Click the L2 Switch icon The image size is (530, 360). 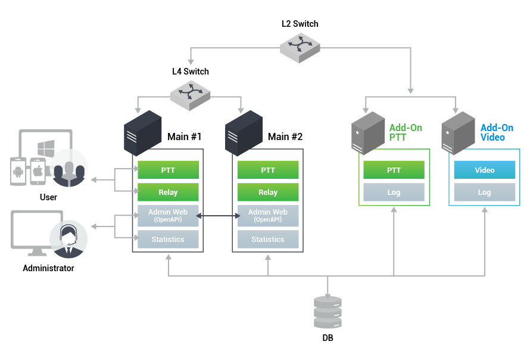[301, 46]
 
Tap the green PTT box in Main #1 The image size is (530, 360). [167, 170]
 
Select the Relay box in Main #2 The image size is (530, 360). [268, 192]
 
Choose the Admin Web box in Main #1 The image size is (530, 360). [167, 215]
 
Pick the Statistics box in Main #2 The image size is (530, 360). [268, 239]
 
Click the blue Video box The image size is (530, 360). [485, 170]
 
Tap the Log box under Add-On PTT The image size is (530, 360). [394, 192]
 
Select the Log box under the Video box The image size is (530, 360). [485, 192]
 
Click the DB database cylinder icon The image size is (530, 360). [328, 311]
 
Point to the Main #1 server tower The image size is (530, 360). [143, 133]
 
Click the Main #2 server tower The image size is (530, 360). [244, 133]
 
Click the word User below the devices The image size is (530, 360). [48, 197]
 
